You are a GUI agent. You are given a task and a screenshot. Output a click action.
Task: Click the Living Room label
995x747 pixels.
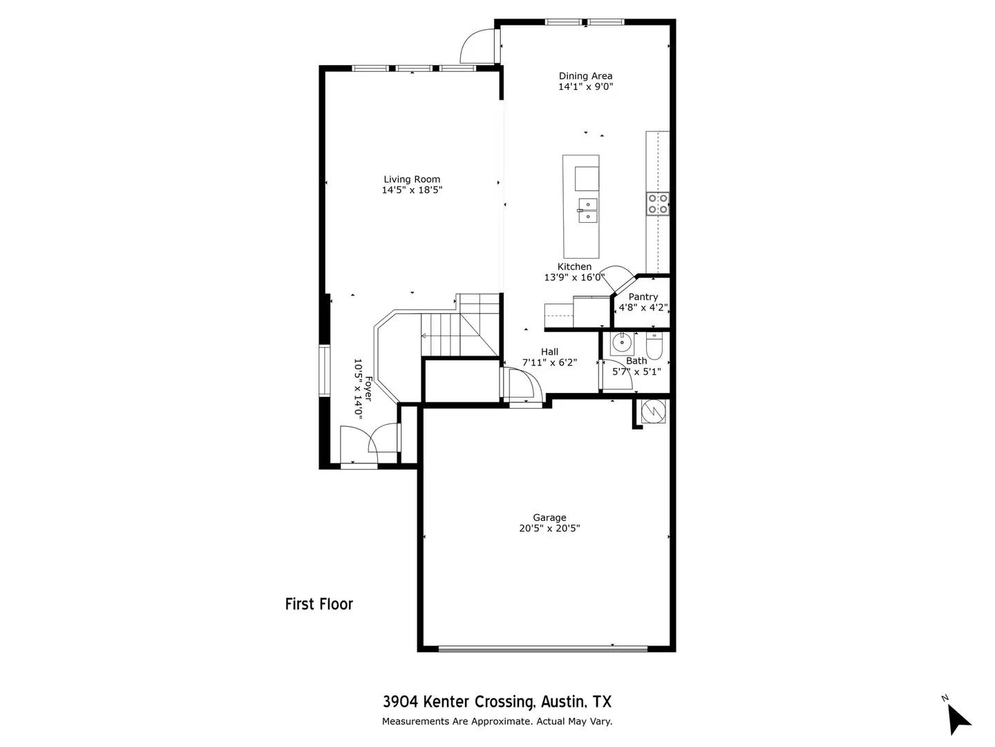412,179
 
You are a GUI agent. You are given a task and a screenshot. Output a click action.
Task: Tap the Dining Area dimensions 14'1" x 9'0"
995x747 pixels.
585,87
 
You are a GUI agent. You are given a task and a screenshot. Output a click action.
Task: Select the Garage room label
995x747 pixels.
549,517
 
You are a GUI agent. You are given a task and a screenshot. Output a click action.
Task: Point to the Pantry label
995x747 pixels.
643,297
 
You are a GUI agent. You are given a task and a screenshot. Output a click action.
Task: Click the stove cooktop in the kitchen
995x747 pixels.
657,203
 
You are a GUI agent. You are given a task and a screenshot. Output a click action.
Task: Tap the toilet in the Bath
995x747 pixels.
654,344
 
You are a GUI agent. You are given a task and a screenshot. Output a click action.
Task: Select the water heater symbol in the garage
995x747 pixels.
653,412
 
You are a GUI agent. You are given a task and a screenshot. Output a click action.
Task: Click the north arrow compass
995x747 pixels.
957,717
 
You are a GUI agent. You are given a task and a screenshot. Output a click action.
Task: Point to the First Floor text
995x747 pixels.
319,604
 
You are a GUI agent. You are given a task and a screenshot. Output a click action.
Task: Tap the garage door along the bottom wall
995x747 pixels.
543,649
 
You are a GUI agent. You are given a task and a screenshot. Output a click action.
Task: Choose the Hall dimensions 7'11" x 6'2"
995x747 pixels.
549,362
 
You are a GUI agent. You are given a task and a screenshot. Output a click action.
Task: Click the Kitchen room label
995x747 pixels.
574,266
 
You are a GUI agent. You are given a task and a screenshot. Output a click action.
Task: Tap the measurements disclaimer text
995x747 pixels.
497,721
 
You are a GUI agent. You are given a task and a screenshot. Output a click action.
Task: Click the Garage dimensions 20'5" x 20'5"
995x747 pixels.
549,528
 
